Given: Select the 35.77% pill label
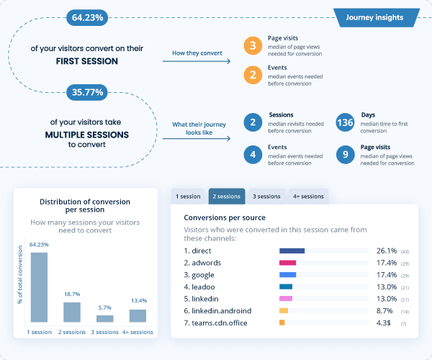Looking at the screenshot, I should tap(89, 92).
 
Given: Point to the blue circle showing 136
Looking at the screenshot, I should tap(345, 123).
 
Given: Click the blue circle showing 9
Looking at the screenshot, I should tap(345, 154).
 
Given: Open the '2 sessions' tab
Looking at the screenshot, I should tap(227, 196).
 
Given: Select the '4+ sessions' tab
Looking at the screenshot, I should tap(307, 196).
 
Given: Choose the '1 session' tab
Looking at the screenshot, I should tap(189, 196).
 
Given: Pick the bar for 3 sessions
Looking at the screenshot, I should tap(105, 318).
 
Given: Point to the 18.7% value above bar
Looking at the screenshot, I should tap(72, 295).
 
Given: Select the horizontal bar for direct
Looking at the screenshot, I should tap(292, 251).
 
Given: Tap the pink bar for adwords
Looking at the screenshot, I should tap(287, 263).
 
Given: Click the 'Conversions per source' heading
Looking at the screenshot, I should tap(225, 217).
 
